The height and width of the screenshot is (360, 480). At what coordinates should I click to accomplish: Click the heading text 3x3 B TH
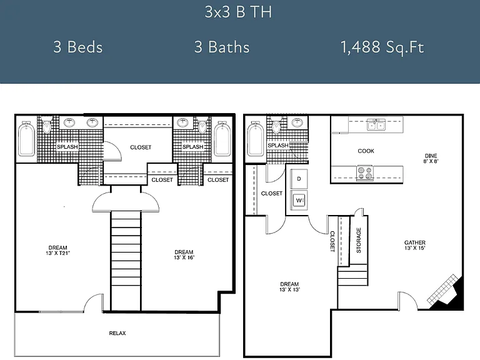click(238, 12)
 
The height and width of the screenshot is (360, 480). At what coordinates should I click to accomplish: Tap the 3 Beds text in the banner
click(78, 47)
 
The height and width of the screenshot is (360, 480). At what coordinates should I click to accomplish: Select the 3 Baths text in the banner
click(222, 47)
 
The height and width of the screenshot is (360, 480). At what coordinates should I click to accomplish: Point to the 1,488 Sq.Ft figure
click(382, 47)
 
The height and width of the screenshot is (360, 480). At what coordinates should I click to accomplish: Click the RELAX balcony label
click(117, 333)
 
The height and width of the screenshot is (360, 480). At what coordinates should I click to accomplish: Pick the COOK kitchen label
click(366, 151)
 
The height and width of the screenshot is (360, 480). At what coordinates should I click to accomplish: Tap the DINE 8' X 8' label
click(431, 158)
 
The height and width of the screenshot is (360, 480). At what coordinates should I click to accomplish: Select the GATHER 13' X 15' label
click(415, 245)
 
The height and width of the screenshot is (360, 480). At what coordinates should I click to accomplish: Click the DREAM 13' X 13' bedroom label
click(289, 287)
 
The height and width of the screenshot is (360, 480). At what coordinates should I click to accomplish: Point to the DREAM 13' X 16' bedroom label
click(184, 255)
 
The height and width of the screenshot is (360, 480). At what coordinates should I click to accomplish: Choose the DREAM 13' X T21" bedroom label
click(58, 250)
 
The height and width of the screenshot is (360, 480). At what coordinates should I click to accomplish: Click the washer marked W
click(299, 200)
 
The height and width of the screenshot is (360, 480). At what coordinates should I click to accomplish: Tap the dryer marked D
click(299, 179)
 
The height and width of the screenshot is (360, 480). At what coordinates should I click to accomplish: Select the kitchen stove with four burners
click(365, 173)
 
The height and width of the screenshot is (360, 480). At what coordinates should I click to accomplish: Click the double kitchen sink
click(376, 125)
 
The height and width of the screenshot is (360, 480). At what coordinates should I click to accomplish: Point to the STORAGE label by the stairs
click(359, 240)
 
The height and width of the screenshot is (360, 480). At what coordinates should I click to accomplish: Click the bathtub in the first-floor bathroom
click(255, 139)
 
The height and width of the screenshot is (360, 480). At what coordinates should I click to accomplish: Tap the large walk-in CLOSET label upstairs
click(141, 147)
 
